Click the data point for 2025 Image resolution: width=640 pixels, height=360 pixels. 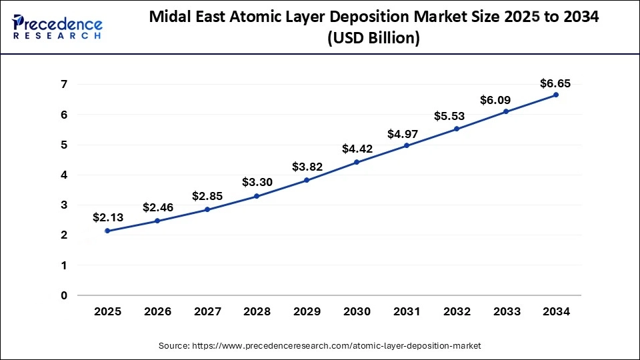coord(108,231)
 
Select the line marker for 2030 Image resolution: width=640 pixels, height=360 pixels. coord(357,162)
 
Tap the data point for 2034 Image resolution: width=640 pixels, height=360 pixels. coord(556,95)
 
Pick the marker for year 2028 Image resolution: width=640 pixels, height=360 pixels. coord(257,196)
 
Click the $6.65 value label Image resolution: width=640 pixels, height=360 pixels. coord(555,83)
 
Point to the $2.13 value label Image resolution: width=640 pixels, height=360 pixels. coord(108,217)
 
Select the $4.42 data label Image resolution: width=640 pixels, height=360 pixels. coord(357,149)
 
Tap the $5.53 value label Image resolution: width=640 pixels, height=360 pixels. coord(457,116)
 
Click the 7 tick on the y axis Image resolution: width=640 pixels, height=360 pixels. coord(64,84)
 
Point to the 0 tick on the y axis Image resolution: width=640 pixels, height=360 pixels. coord(64,295)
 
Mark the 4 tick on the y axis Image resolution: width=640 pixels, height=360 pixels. coord(64,175)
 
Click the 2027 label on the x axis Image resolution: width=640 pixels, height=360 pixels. coord(207,311)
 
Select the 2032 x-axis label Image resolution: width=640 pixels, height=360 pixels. coord(457,311)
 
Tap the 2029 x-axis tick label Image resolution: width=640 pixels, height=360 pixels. coord(307,311)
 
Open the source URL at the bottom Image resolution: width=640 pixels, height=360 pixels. coord(319,346)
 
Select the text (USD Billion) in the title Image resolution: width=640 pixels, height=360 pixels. coord(373,39)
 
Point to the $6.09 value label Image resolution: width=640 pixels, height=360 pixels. coord(506,100)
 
